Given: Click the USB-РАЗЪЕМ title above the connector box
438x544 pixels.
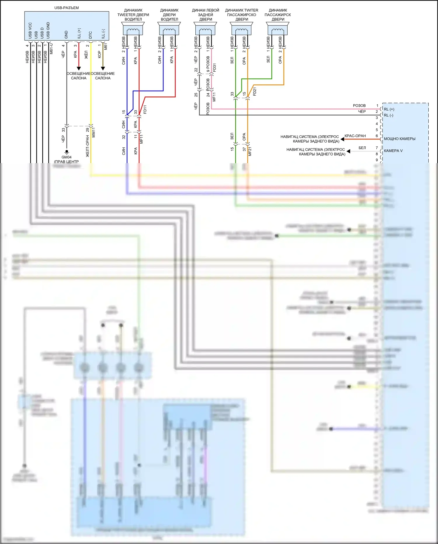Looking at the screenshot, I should [67, 8].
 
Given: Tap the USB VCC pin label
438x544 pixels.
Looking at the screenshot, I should [30, 31].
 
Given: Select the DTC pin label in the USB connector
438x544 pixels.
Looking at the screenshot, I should [91, 35].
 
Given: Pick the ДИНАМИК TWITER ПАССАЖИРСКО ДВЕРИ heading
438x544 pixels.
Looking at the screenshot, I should [241, 15].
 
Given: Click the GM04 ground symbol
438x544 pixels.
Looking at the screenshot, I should [67, 152].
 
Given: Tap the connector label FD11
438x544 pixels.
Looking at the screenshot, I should [145, 110].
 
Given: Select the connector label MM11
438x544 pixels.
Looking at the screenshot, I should [94, 132].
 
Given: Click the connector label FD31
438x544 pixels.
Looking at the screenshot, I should [215, 68].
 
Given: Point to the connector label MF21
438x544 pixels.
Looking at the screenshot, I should [250, 151].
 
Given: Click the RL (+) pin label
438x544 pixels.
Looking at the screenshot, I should [389, 109].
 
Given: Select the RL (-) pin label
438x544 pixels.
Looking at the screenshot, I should [388, 115].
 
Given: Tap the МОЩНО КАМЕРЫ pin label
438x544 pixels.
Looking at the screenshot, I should [399, 139].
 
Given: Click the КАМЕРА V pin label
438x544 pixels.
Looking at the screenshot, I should [393, 151].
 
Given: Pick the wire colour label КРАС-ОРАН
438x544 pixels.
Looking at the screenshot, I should [355, 136].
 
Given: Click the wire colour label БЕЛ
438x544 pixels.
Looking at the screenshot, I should [362, 148].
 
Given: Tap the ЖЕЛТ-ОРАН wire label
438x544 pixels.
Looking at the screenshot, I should [88, 146].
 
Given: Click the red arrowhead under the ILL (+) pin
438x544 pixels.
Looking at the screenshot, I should [79, 68].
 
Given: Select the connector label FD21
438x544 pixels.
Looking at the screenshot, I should [255, 91].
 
